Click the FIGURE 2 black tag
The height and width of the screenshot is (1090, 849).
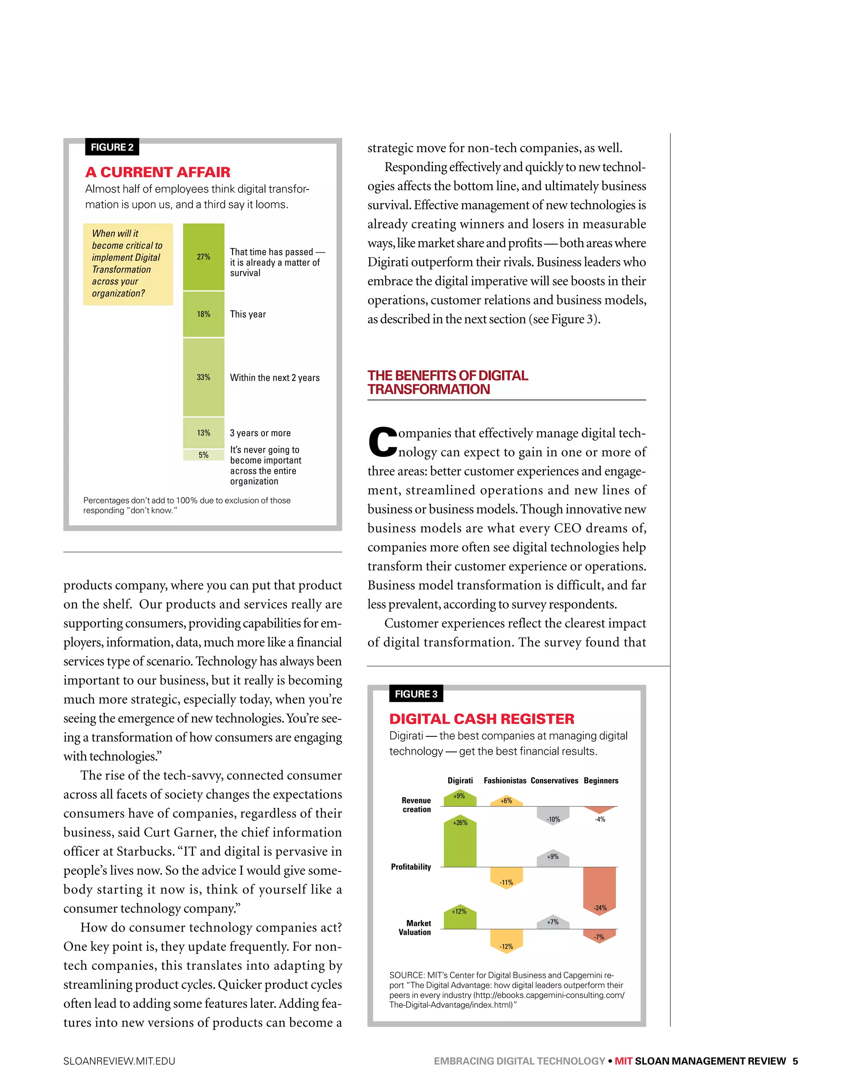112,147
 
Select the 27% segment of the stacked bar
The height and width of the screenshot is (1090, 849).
203,257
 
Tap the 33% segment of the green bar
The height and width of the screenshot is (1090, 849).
203,377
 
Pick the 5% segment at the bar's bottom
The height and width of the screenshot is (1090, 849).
203,455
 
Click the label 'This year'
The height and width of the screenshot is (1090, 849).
247,314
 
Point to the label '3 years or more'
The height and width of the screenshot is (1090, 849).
260,433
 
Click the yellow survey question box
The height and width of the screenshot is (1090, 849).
128,264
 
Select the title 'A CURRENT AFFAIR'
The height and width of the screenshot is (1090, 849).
158,172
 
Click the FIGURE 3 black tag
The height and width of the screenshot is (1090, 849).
416,694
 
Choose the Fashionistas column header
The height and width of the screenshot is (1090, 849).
505,781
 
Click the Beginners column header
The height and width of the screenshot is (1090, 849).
601,781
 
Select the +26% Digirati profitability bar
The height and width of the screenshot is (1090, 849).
460,843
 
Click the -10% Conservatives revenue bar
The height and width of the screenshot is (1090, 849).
553,815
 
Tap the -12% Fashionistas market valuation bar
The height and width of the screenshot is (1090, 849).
506,940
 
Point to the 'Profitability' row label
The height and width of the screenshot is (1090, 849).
411,867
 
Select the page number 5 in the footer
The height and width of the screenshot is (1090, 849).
795,1061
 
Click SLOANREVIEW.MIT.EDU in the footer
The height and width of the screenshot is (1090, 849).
119,1061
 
